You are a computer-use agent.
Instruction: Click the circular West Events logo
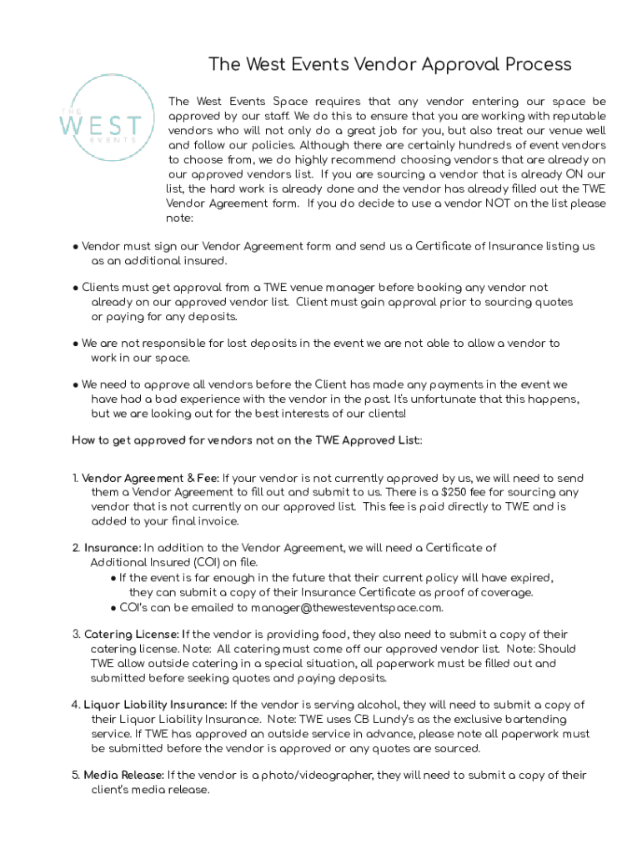(100, 123)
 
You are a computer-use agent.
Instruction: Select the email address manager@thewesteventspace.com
(346, 607)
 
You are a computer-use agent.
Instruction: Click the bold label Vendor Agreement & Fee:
(150, 478)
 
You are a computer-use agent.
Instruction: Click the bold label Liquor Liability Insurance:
(154, 705)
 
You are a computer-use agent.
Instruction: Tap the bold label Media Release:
(123, 775)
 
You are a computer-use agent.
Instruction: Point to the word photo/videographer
(322, 775)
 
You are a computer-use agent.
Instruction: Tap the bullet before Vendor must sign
(75, 247)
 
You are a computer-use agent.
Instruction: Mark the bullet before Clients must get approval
(75, 288)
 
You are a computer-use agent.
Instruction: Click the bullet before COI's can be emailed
(113, 607)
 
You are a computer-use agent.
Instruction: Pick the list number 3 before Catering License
(75, 635)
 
